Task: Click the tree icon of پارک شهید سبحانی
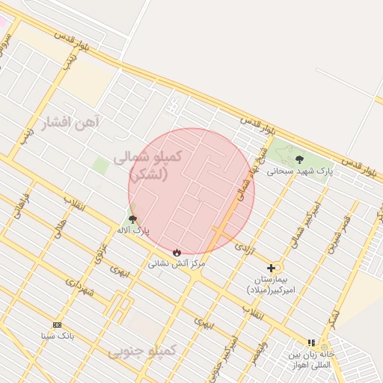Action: click(x=300, y=159)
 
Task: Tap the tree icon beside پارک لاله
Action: click(x=133, y=219)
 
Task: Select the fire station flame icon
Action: click(x=177, y=252)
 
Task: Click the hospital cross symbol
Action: click(x=271, y=267)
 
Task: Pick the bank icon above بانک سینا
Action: click(x=58, y=325)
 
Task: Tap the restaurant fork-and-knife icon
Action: click(x=311, y=343)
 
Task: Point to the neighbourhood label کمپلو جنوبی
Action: click(x=142, y=350)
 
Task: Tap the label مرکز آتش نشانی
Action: click(x=177, y=263)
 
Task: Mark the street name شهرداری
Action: click(x=79, y=287)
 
